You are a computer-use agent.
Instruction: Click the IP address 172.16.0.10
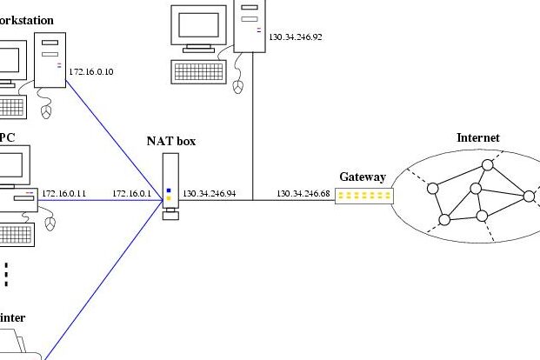click(90, 71)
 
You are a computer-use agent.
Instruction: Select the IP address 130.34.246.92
click(296, 37)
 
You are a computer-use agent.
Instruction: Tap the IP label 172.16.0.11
click(64, 193)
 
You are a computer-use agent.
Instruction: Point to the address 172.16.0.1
click(131, 193)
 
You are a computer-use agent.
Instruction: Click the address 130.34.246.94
click(209, 193)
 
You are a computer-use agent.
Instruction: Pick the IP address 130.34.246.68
click(303, 193)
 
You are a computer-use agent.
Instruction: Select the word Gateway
click(362, 177)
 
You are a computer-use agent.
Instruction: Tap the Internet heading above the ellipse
click(478, 137)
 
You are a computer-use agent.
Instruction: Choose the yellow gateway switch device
click(364, 196)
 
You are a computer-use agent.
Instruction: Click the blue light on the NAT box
click(169, 190)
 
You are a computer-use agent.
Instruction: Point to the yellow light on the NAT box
click(169, 198)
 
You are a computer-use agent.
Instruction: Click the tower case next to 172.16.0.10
click(50, 61)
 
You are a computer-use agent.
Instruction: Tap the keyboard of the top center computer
click(202, 70)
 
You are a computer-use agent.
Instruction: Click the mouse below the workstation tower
click(46, 110)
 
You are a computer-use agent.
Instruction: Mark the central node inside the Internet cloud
click(476, 189)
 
